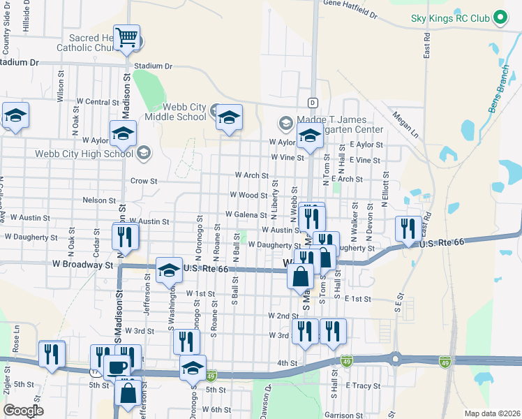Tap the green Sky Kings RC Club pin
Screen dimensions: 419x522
point(500,17)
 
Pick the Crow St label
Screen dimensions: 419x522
point(144,180)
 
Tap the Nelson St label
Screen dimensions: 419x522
point(98,200)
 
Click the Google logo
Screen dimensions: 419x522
point(23,411)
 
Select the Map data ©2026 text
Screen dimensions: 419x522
point(492,413)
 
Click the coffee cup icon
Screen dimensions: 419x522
point(117,366)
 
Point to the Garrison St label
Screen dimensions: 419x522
point(343,416)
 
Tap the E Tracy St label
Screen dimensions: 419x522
point(363,385)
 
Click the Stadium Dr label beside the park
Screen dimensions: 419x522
point(154,66)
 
